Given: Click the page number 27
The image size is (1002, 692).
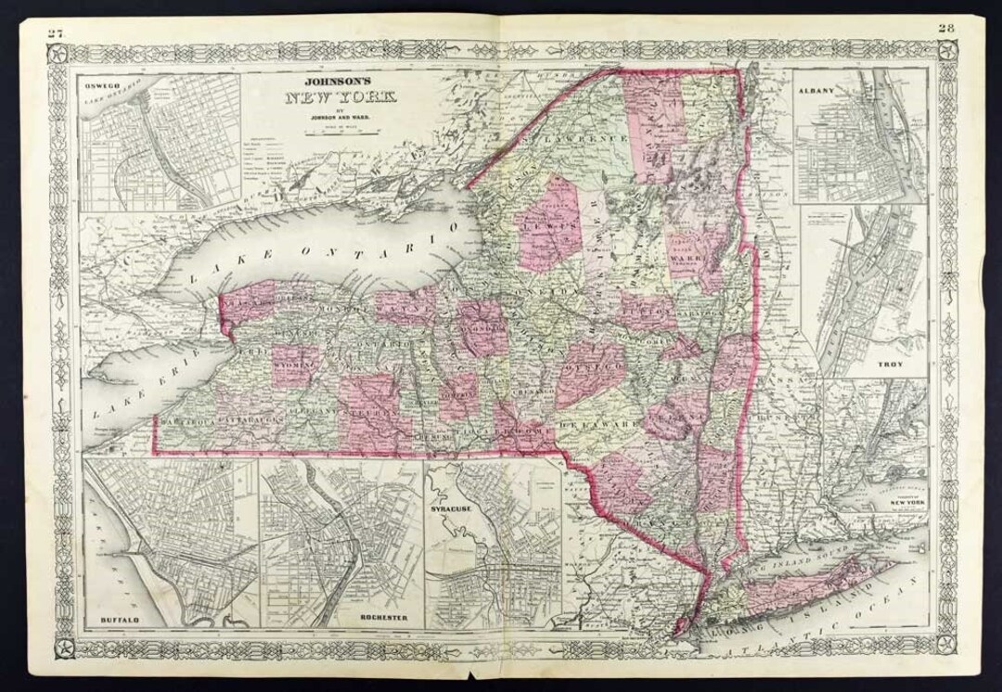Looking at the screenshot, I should click(56, 33).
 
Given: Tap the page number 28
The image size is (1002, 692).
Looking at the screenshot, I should click(945, 27).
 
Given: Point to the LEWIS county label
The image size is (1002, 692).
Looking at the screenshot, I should click(543, 225).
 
